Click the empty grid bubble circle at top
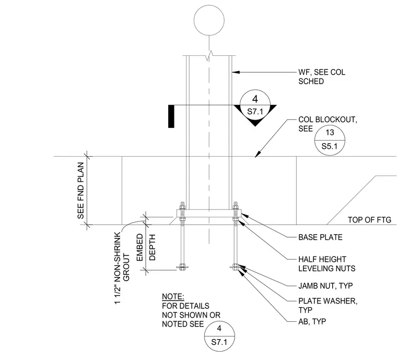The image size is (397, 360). click(x=209, y=6)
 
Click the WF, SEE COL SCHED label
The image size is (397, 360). click(x=322, y=77)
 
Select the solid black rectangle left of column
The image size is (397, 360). click(x=171, y=117)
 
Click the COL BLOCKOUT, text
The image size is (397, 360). click(x=328, y=120)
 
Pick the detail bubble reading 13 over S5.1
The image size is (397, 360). click(x=330, y=125)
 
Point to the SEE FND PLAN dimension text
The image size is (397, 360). click(x=81, y=190)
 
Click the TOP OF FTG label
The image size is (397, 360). click(x=369, y=219)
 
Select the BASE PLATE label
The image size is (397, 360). click(x=320, y=237)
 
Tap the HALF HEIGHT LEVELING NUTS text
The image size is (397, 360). click(x=326, y=264)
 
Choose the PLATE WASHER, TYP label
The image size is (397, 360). click(x=328, y=305)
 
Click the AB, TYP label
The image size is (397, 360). click(x=312, y=321)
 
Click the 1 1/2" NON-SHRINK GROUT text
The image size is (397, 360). click(x=122, y=268)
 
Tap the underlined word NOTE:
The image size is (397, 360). click(x=173, y=297)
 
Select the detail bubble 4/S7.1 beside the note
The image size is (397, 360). click(x=219, y=321)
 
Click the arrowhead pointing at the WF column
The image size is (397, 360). click(x=236, y=73)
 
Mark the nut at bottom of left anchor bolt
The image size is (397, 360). click(x=182, y=266)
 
